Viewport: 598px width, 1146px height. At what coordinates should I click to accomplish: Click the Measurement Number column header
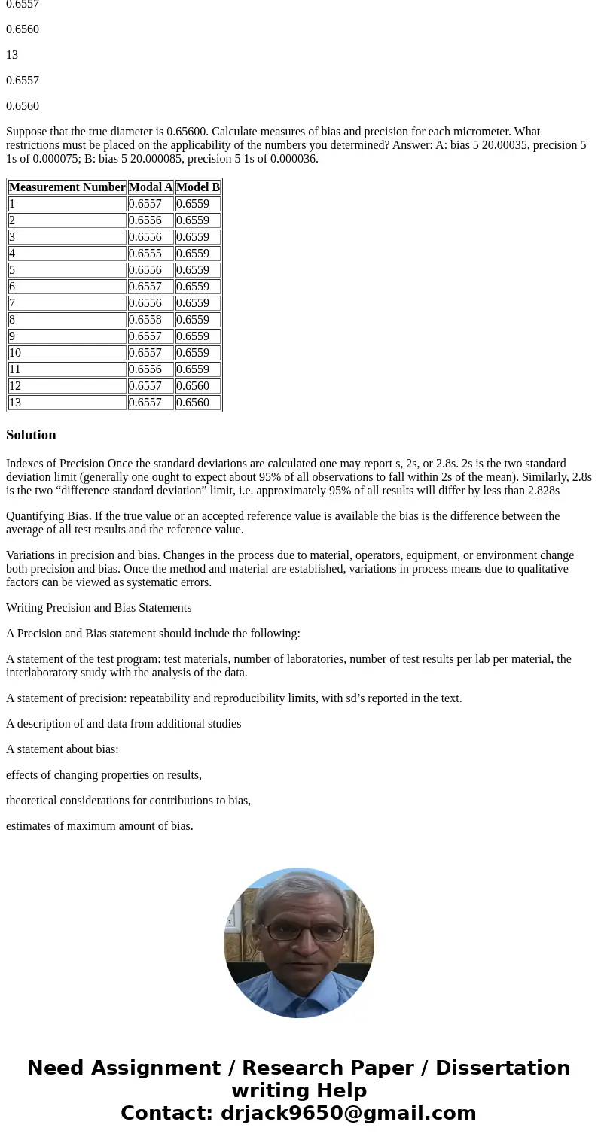(67, 187)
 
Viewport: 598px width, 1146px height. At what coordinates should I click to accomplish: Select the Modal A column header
(151, 187)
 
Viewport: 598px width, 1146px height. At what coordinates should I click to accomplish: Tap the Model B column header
(198, 187)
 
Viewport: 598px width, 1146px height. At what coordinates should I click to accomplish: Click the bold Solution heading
(31, 435)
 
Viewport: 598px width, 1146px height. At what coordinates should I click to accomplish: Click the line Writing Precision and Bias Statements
(99, 608)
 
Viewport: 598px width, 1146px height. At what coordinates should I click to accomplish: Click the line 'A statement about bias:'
(63, 749)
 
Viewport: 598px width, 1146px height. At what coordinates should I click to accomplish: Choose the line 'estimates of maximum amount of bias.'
(99, 826)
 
